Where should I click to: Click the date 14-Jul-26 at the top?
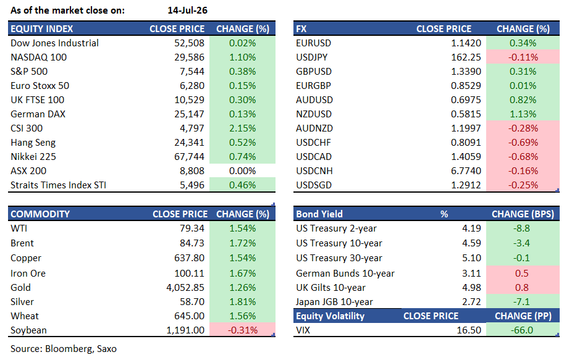[187, 10]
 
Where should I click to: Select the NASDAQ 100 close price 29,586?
[189, 57]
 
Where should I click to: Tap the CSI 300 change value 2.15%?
[242, 128]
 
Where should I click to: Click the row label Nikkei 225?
[33, 157]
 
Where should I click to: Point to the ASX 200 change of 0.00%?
[242, 171]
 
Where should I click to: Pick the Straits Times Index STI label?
[58, 185]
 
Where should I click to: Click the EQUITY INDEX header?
[42, 29]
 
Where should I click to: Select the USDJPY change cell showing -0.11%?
[523, 57]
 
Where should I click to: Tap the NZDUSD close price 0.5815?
[466, 114]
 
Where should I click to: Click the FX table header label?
[301, 29]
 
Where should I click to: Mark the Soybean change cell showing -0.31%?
[242, 330]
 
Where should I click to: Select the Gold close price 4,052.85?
[185, 288]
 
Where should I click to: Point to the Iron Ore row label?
[28, 274]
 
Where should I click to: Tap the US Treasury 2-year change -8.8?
[521, 228]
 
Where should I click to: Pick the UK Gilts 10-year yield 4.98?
[471, 288]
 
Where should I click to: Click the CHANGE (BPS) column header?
[523, 214]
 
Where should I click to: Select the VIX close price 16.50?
[469, 330]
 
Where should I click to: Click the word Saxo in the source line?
[106, 349]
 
